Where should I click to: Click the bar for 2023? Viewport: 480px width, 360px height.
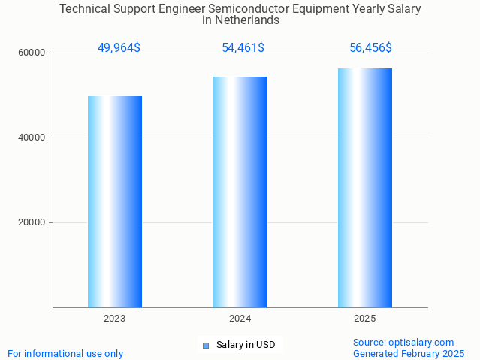click(x=115, y=201)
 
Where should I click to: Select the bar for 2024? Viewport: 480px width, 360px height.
click(x=240, y=192)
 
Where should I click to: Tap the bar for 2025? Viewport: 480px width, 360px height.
click(x=364, y=188)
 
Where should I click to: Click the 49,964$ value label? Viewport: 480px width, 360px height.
click(x=119, y=48)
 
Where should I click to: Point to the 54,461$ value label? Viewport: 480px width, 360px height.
click(x=243, y=48)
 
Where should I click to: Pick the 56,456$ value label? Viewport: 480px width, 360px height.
click(x=370, y=48)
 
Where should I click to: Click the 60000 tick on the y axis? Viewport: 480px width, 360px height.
click(x=32, y=53)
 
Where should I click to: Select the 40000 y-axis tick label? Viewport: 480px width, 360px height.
click(x=32, y=138)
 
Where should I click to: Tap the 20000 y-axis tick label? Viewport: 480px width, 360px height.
click(x=32, y=223)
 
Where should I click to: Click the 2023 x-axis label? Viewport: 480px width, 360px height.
click(x=115, y=319)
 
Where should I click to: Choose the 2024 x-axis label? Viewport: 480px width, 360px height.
click(x=240, y=319)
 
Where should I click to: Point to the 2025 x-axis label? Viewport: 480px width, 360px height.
click(x=364, y=319)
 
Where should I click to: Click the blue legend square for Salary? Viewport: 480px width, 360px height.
click(x=205, y=346)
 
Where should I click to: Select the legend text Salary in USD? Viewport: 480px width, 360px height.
click(x=246, y=346)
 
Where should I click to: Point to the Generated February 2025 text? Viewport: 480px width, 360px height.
click(x=409, y=354)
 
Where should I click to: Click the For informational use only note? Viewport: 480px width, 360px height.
click(x=65, y=354)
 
